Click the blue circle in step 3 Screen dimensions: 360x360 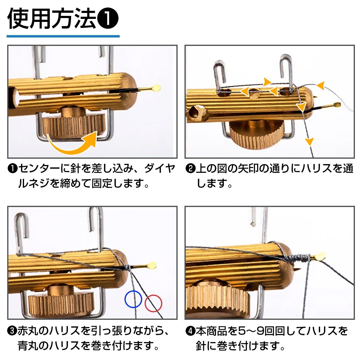tap(125, 299)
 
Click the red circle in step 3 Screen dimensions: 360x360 tap(145, 303)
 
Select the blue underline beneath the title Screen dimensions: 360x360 tap(63, 36)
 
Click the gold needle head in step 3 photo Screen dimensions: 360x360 tap(152, 265)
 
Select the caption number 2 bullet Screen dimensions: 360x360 tap(190, 169)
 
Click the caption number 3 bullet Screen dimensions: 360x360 tap(12, 330)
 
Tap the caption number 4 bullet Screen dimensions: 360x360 tap(190, 330)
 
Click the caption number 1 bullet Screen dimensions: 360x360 tap(12, 169)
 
